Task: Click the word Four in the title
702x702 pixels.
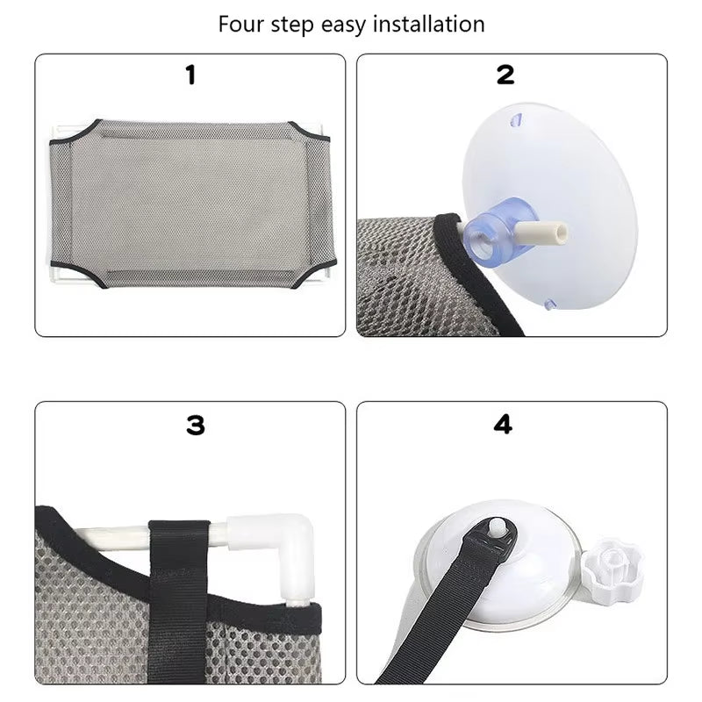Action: [242, 24]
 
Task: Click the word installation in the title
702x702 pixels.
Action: [430, 24]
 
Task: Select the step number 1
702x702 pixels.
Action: [190, 75]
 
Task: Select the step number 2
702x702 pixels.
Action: [505, 75]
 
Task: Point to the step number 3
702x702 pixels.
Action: [195, 425]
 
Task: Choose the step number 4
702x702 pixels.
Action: [503, 425]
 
